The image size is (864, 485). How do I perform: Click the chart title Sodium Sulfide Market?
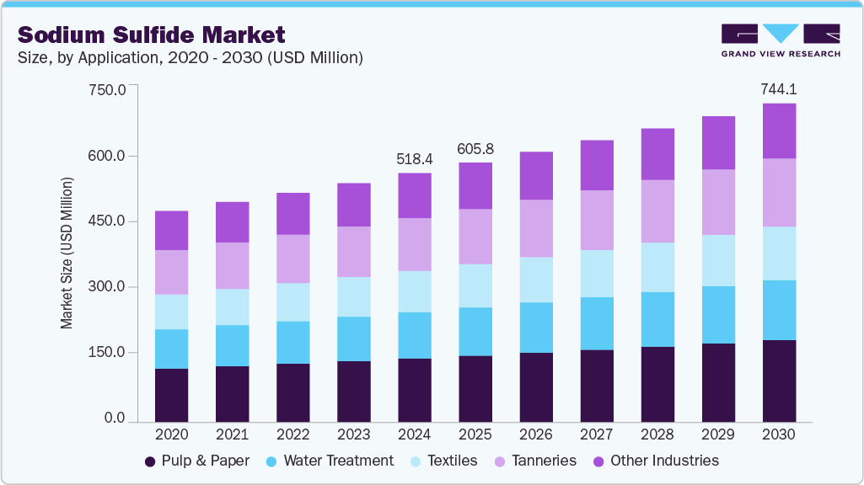(152, 35)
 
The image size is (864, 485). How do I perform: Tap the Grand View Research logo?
(780, 40)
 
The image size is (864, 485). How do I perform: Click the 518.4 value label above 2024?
(414, 158)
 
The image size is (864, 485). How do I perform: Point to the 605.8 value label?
(475, 148)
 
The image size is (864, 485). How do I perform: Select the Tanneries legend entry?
(537, 461)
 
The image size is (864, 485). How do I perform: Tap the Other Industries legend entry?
(655, 461)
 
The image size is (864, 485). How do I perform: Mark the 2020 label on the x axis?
(171, 434)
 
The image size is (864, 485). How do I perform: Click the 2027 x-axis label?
(597, 434)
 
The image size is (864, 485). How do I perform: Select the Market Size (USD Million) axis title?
(66, 253)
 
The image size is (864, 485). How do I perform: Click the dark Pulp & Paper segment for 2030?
(779, 381)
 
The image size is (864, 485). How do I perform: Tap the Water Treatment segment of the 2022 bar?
(293, 342)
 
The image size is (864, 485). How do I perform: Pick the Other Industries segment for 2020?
(171, 231)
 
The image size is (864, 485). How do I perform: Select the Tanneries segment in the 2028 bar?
(657, 211)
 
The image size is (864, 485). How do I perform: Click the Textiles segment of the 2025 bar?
(475, 285)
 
